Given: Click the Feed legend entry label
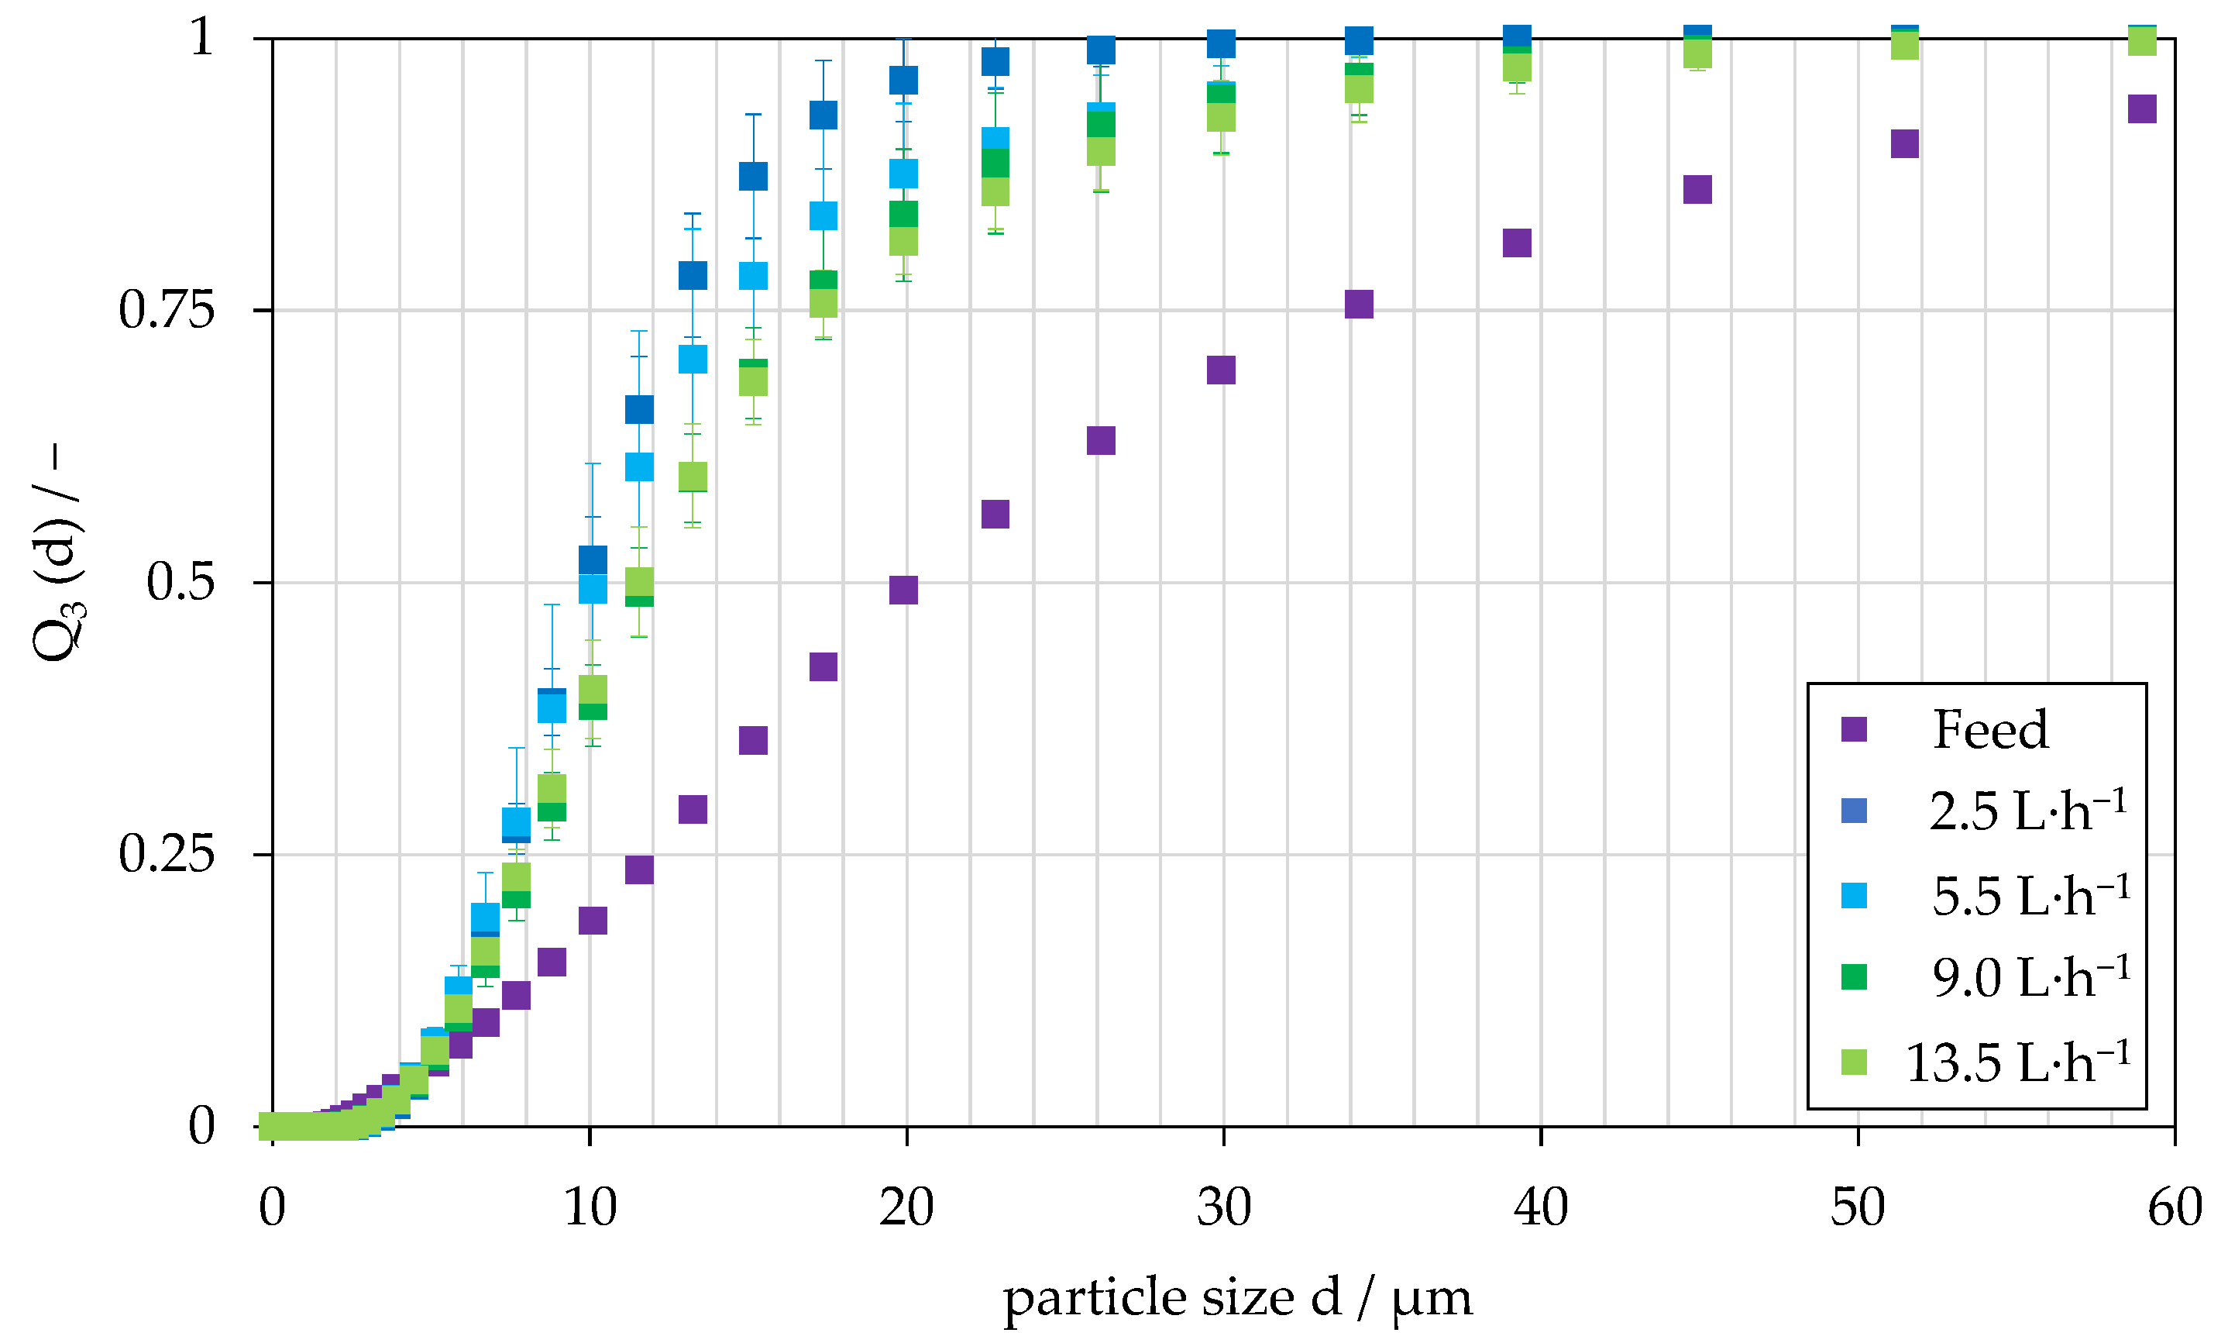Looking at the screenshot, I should click(x=1989, y=730).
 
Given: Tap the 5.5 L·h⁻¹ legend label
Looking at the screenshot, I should click(x=2030, y=897).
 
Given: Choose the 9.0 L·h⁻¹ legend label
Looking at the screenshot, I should click(x=2030, y=978).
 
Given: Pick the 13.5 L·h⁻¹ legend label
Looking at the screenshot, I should click(x=2017, y=1062).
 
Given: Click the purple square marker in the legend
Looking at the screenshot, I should click(x=1854, y=729).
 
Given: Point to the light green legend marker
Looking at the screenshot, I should click(x=1854, y=1062).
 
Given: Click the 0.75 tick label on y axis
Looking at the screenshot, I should click(x=167, y=310).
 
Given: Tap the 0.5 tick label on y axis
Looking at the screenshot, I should click(x=180, y=581).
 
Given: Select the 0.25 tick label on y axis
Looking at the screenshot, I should click(x=167, y=854).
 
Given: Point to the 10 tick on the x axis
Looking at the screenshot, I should click(x=590, y=1207).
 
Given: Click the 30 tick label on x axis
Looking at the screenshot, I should click(x=1223, y=1207).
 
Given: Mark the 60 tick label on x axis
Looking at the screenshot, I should click(x=2175, y=1207).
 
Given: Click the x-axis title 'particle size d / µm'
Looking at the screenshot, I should click(x=1237, y=1298).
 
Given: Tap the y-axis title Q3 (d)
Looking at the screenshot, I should click(x=58, y=552).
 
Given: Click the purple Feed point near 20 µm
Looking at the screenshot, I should click(x=903, y=590).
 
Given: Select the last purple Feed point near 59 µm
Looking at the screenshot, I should click(x=2142, y=108).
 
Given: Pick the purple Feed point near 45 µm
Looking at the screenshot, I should click(x=1697, y=190).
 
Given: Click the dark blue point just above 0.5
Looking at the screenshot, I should click(x=593, y=559).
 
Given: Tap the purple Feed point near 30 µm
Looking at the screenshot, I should click(x=1221, y=370).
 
